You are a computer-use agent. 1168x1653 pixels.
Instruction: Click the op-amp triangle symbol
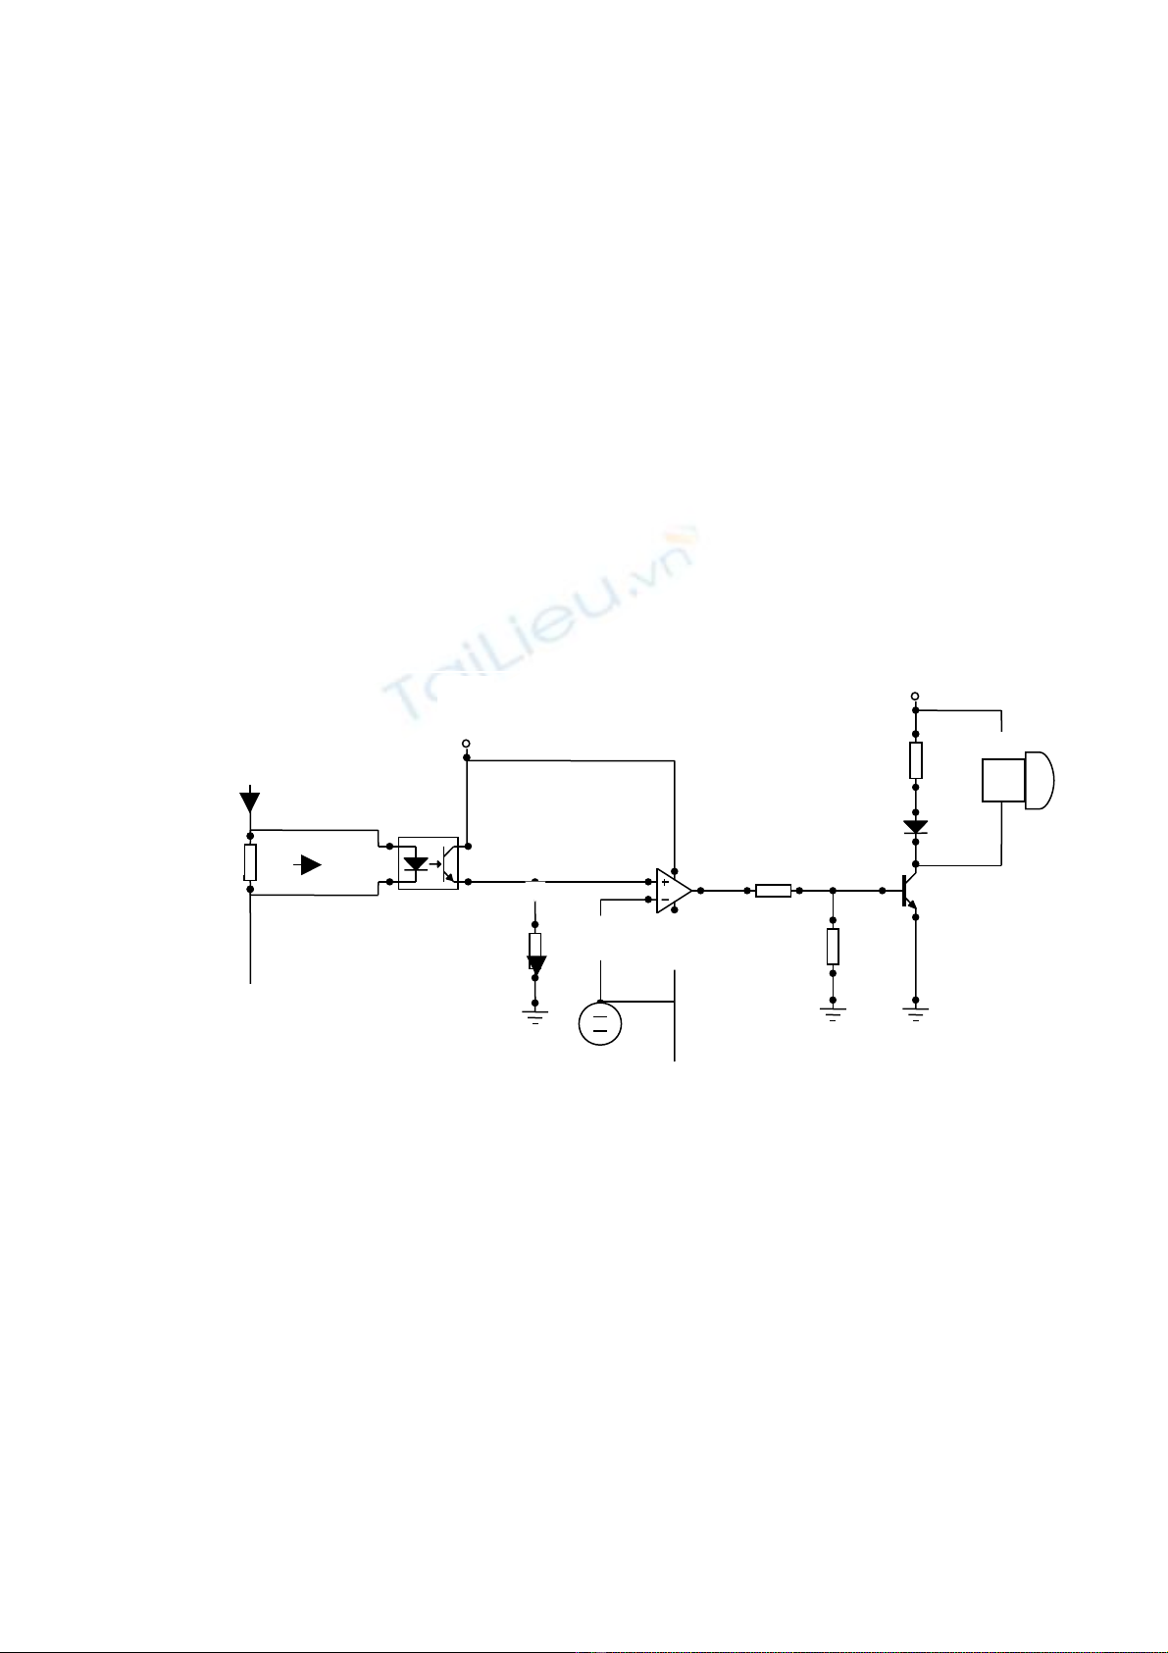click(x=674, y=891)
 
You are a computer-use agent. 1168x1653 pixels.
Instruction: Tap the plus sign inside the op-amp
click(x=665, y=882)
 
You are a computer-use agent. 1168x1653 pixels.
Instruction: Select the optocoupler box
click(x=428, y=862)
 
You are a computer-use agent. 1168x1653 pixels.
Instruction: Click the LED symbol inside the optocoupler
click(x=416, y=864)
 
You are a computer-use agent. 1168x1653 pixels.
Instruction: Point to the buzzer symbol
click(x=1018, y=780)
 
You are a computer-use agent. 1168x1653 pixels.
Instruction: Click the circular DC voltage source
click(x=600, y=1024)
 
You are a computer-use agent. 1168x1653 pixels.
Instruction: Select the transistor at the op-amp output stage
click(x=909, y=891)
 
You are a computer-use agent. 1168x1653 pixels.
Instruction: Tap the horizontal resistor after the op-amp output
click(x=773, y=891)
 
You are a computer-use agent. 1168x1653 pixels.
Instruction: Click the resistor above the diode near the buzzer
click(x=916, y=760)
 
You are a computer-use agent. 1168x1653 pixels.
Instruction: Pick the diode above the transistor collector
click(x=916, y=826)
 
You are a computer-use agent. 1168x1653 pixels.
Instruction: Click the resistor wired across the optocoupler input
click(x=250, y=862)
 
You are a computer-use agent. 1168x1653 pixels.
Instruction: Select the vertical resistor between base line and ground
click(x=833, y=947)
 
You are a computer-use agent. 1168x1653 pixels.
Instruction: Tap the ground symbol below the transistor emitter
click(x=916, y=1013)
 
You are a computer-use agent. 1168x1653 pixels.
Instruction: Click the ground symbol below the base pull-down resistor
click(x=833, y=1013)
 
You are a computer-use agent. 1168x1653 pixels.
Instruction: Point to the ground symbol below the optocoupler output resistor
click(x=534, y=1016)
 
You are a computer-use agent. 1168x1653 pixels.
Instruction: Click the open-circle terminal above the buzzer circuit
click(x=915, y=696)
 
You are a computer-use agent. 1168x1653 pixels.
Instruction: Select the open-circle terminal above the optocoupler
click(x=466, y=743)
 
